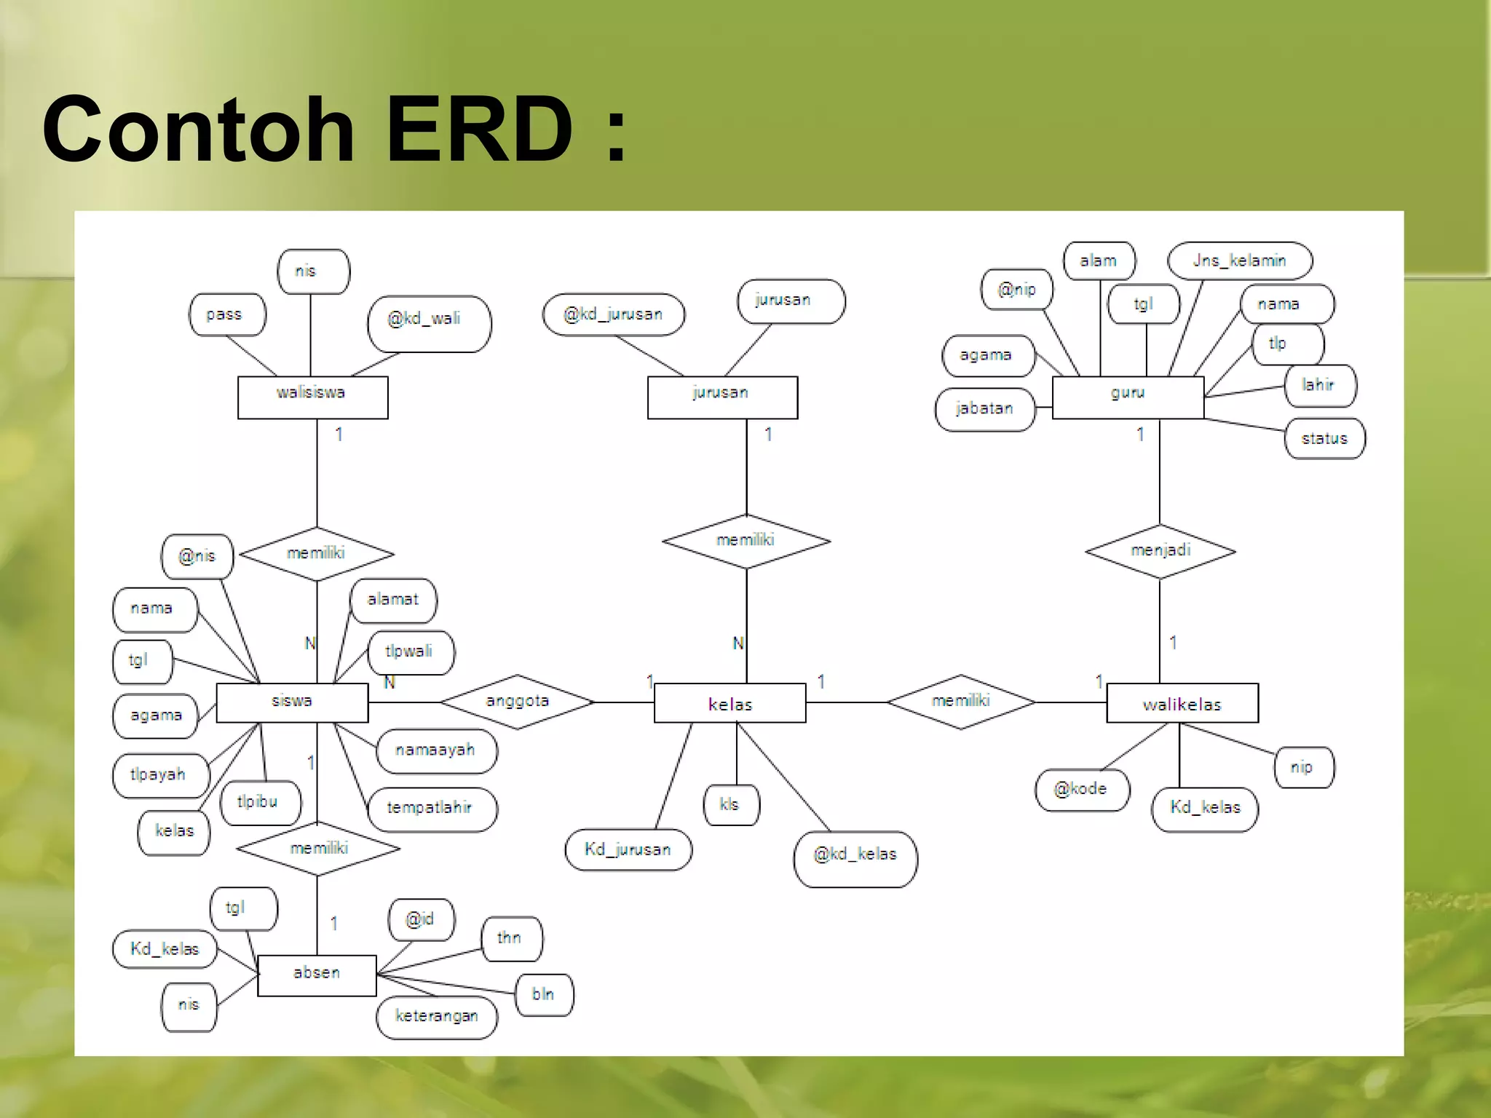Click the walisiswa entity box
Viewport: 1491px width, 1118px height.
tap(312, 397)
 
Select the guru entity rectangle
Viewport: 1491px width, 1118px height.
tap(1128, 397)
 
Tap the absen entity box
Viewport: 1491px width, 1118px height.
tap(317, 975)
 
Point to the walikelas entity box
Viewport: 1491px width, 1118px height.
tap(1182, 703)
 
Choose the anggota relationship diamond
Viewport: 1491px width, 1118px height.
tap(517, 702)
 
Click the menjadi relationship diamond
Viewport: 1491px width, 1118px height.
tap(1160, 551)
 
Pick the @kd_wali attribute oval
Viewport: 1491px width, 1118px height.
tap(429, 323)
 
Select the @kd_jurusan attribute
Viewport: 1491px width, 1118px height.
tap(613, 314)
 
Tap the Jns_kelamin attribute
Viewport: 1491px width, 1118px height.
tap(1239, 261)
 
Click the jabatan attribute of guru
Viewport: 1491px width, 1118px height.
tap(984, 409)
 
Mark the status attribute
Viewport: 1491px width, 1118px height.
tap(1324, 438)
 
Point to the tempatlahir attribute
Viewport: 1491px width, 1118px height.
tap(432, 808)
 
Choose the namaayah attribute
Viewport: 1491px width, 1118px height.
tap(436, 750)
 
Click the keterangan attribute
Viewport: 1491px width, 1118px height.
tap(437, 1017)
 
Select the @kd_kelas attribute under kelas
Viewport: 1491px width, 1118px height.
tap(855, 858)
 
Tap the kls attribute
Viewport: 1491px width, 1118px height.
tap(730, 804)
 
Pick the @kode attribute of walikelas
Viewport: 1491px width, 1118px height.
tap(1082, 790)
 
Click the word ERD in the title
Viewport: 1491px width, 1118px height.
tap(480, 130)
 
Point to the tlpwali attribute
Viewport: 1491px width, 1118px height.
tap(411, 652)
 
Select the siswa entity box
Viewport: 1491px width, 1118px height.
tap(292, 702)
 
